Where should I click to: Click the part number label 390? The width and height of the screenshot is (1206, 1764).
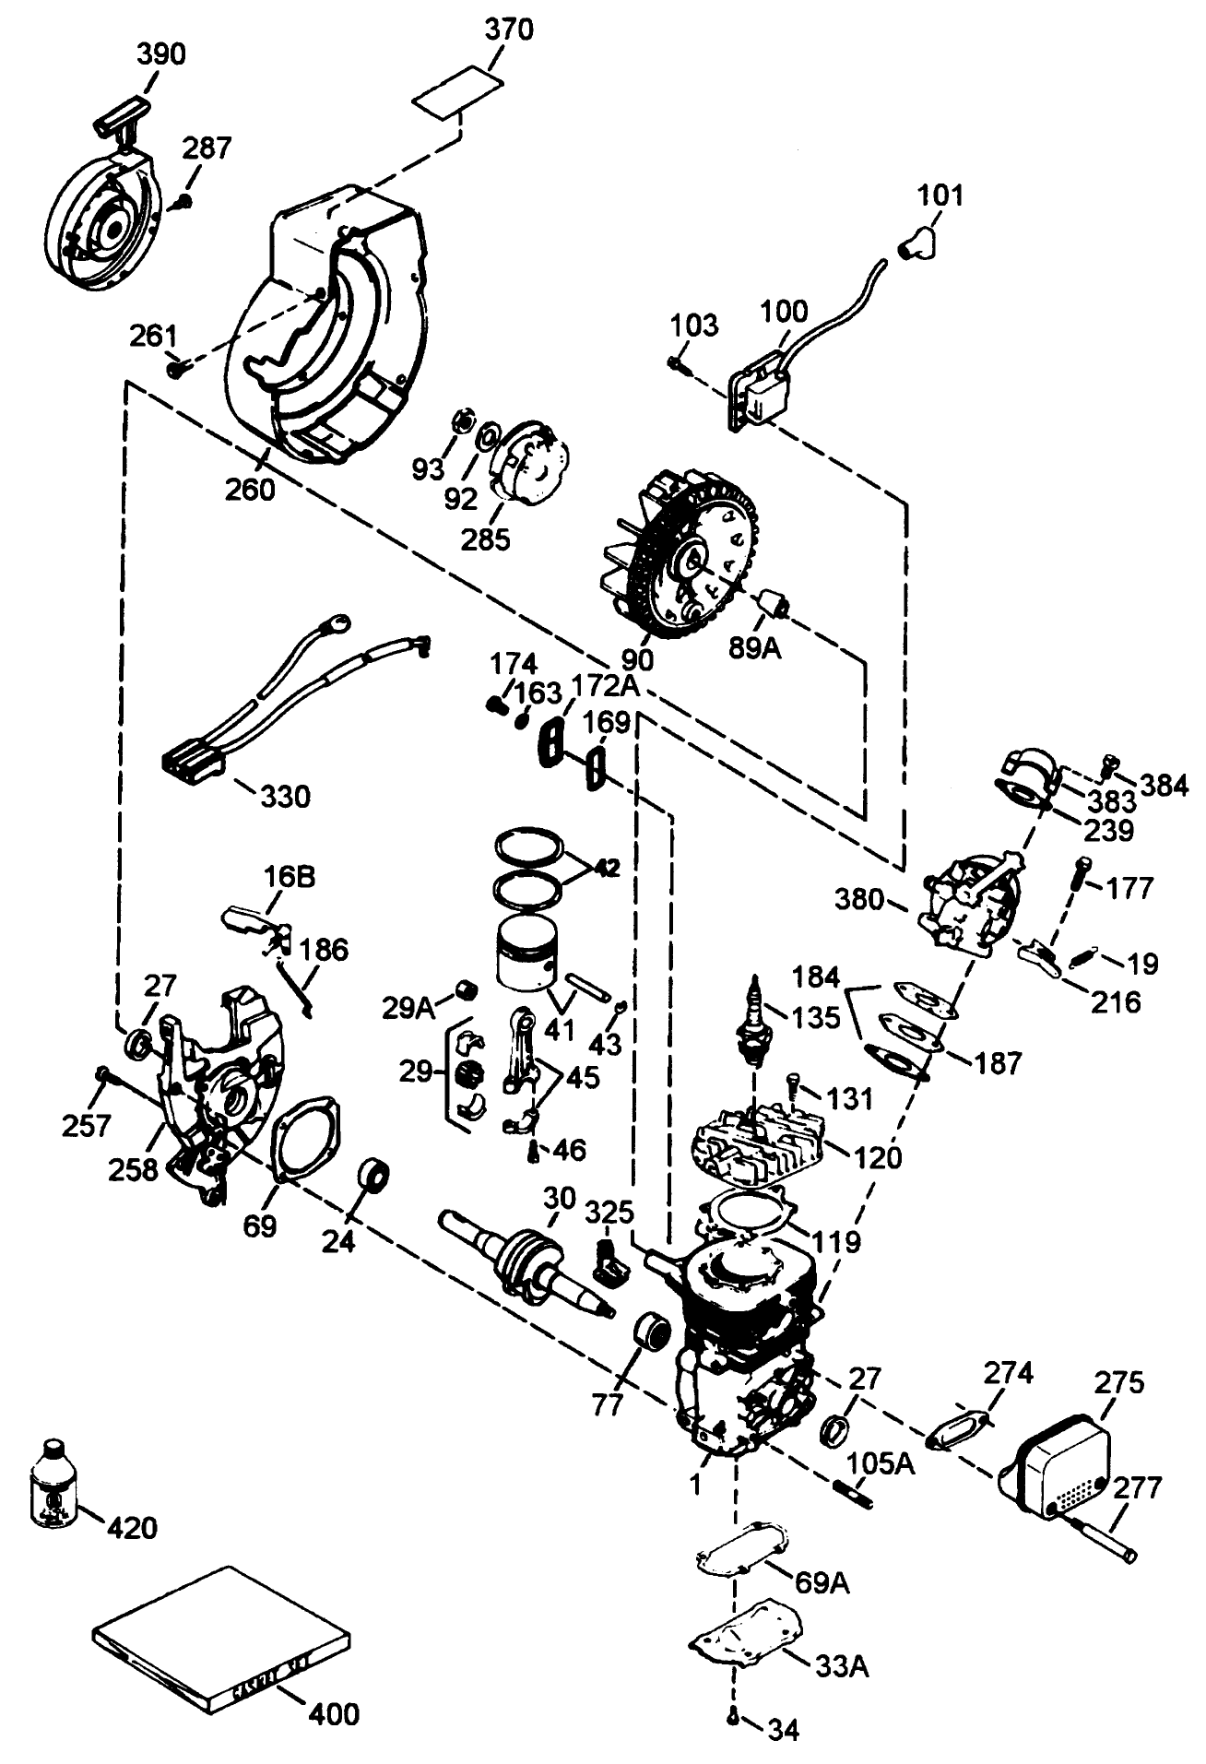[x=160, y=54]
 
